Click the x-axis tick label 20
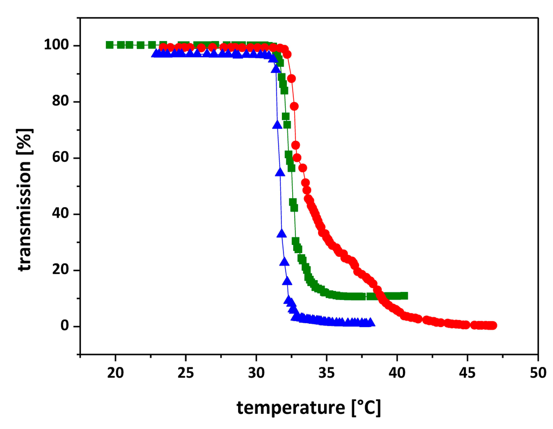115,373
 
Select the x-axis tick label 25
186,373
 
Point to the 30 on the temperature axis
256,373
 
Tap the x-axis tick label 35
327,373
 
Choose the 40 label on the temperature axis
397,373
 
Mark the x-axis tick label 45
468,373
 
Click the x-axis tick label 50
538,373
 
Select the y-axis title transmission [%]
25,200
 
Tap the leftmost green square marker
110,45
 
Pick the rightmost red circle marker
493,325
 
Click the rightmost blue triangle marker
370,323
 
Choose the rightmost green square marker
404,296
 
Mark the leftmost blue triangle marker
155,53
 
